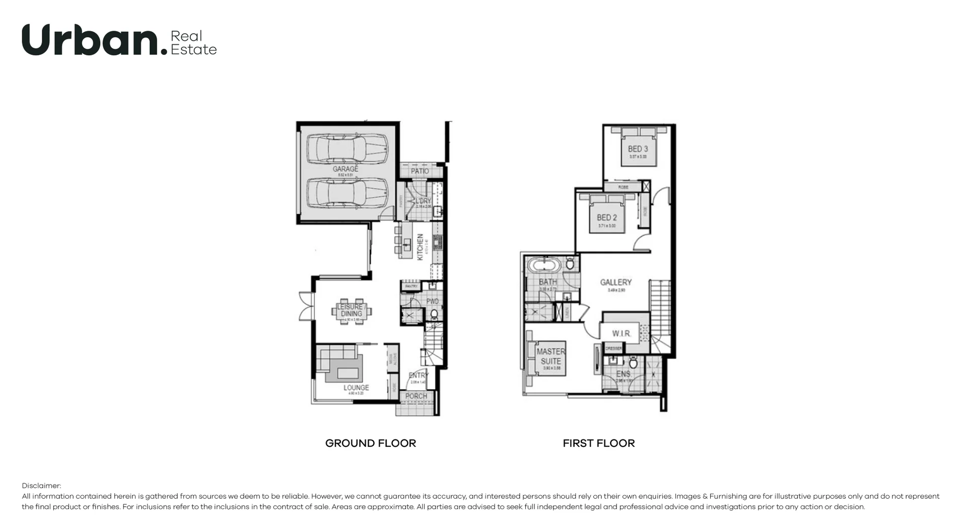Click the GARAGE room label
coord(346,169)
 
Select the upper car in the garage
coord(348,147)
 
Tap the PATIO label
coord(420,171)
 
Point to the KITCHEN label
coord(420,247)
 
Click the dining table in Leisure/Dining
coord(351,311)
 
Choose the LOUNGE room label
coord(356,388)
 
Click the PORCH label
coord(416,396)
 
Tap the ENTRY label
coord(418,375)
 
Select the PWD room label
coord(433,301)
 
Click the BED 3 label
coord(638,149)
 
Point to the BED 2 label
coord(606,217)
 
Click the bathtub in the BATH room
coord(543,265)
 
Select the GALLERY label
coord(615,282)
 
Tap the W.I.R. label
coord(621,333)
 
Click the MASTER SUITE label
coord(550,356)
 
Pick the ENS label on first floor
coord(623,374)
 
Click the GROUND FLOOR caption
coord(370,443)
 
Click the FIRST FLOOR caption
coord(598,443)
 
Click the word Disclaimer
coord(41,486)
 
